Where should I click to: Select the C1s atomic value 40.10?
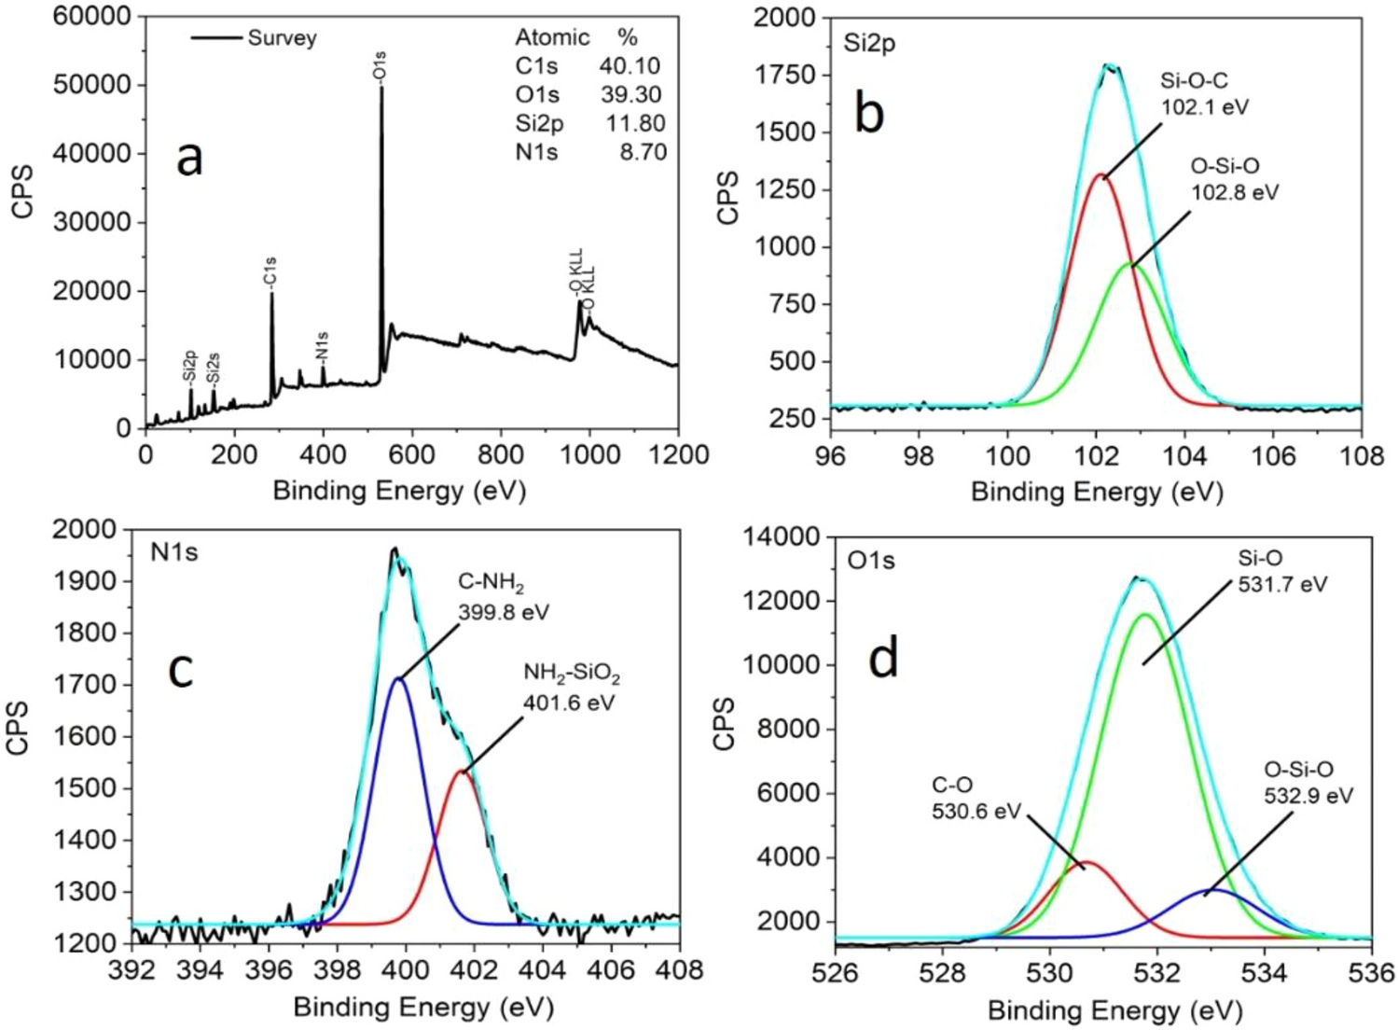630,66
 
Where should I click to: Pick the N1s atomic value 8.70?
643,152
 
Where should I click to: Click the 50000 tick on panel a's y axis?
92,85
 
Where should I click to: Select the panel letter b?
869,113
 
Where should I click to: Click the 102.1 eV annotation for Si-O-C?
1204,107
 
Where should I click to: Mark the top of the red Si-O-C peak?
1100,174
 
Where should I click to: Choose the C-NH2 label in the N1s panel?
491,583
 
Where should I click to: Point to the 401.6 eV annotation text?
569,703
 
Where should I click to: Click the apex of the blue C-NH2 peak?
398,678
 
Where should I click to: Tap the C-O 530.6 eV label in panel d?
976,799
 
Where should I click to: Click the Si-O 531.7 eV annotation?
1282,572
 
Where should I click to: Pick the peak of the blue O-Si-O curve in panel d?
1212,890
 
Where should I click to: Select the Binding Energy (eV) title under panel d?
1114,1009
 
